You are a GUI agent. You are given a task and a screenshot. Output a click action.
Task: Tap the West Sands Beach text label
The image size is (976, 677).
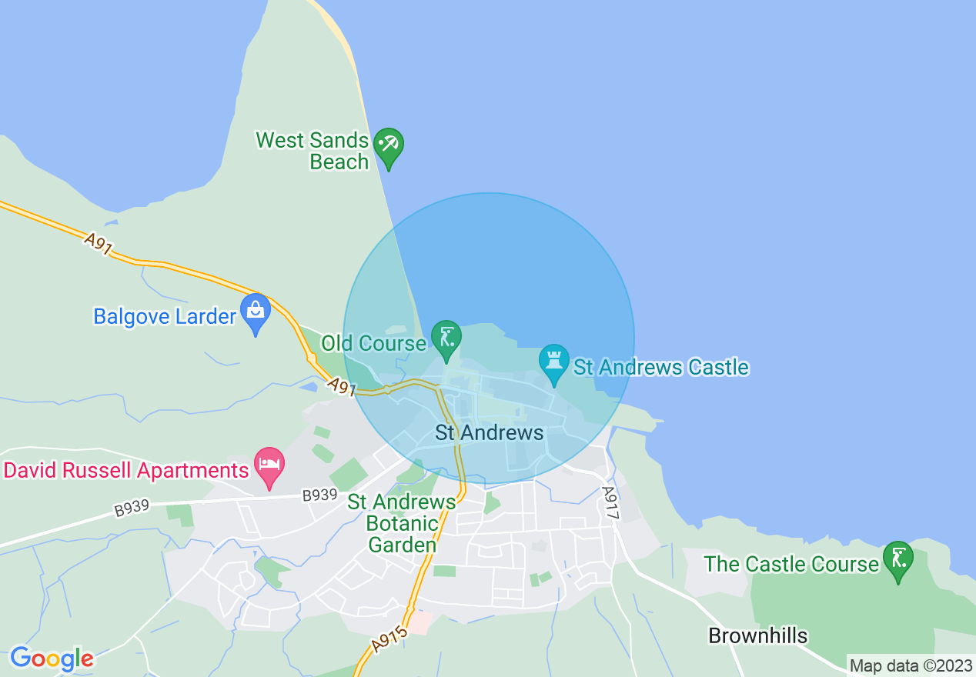(x=313, y=151)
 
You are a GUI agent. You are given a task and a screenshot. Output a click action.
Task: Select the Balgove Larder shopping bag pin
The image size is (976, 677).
(x=255, y=312)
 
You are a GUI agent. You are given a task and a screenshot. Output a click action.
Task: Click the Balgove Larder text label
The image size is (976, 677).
(x=164, y=316)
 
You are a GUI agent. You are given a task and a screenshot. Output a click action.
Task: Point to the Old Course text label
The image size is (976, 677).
(x=373, y=343)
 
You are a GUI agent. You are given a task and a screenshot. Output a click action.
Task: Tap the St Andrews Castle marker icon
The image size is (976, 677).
(x=553, y=362)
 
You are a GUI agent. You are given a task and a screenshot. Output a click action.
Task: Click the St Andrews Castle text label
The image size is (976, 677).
(x=661, y=367)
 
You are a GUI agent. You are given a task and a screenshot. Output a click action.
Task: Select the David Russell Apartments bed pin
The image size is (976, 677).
(x=269, y=465)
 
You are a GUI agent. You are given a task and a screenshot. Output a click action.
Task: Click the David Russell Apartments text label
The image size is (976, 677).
(x=127, y=470)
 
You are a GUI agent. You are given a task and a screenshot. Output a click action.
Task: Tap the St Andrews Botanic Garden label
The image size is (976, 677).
(x=402, y=523)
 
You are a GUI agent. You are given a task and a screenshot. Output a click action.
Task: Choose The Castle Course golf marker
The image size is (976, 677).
(x=897, y=559)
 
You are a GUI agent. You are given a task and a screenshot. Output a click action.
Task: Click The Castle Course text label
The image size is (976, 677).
(x=790, y=564)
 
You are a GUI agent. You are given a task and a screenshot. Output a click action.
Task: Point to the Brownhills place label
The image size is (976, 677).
(x=757, y=636)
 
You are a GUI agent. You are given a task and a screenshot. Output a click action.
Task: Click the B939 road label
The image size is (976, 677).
(x=319, y=496)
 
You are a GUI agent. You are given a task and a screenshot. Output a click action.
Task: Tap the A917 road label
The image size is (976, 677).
(x=610, y=503)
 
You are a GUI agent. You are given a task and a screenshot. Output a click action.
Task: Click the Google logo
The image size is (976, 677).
(x=52, y=659)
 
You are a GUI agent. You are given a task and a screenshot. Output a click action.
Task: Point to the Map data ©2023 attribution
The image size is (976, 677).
(x=911, y=665)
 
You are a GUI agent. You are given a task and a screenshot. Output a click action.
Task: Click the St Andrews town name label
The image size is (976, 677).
(x=489, y=432)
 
